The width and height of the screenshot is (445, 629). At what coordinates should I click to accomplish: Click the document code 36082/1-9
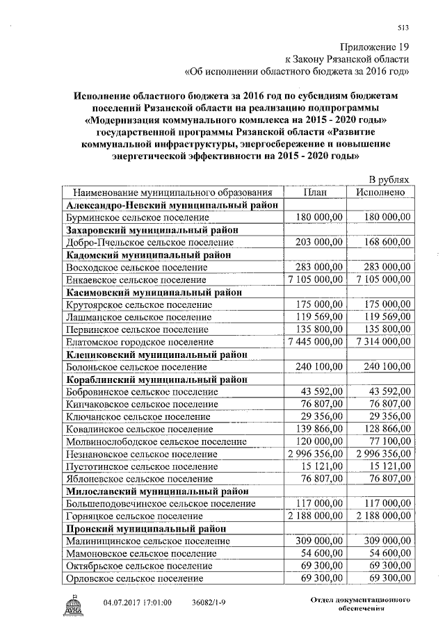(x=209, y=602)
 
